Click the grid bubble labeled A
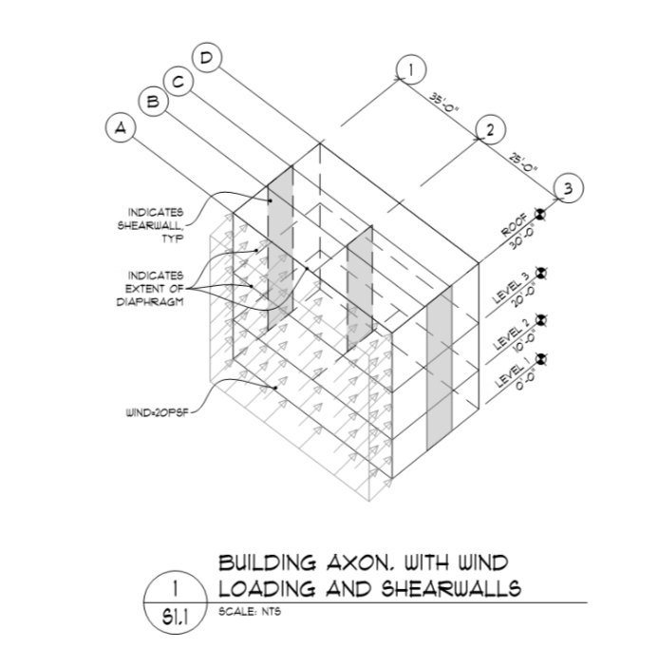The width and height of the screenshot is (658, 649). point(120,126)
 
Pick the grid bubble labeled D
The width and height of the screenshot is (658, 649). point(206,57)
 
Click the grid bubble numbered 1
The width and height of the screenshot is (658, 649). point(409,69)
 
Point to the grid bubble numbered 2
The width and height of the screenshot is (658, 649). point(488,130)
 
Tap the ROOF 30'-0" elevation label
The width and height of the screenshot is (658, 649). point(517,234)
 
